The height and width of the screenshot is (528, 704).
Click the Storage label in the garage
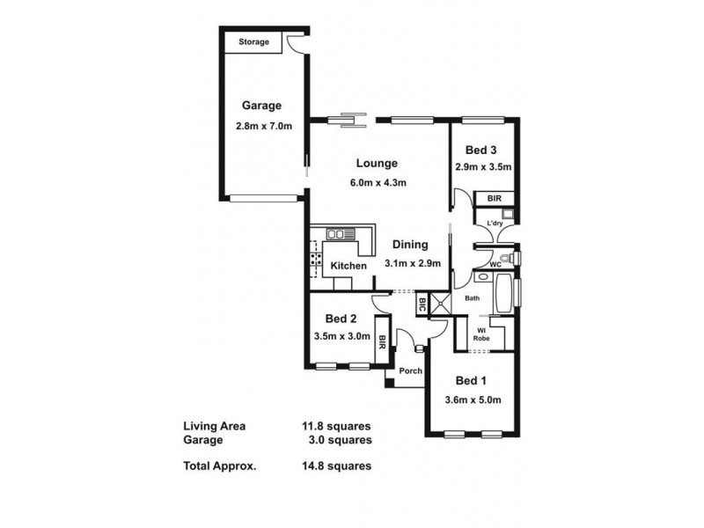pyautogui.click(x=254, y=42)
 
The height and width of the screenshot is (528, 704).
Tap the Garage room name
pyautogui.click(x=262, y=106)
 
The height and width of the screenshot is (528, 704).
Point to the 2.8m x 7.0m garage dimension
pyautogui.click(x=264, y=127)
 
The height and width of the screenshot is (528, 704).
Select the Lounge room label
pyautogui.click(x=378, y=163)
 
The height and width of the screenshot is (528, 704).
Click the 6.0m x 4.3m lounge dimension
pyautogui.click(x=380, y=183)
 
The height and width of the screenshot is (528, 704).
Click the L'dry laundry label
pyautogui.click(x=493, y=223)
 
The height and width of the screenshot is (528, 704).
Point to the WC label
pyautogui.click(x=495, y=264)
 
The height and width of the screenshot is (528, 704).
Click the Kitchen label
pyautogui.click(x=348, y=266)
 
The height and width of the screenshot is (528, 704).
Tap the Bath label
pyautogui.click(x=473, y=298)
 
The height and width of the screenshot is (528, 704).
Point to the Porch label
pyautogui.click(x=410, y=370)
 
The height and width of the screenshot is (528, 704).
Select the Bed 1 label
pyautogui.click(x=471, y=381)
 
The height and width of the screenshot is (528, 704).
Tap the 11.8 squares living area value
pyautogui.click(x=337, y=427)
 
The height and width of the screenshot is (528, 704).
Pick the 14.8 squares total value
pyautogui.click(x=337, y=466)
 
